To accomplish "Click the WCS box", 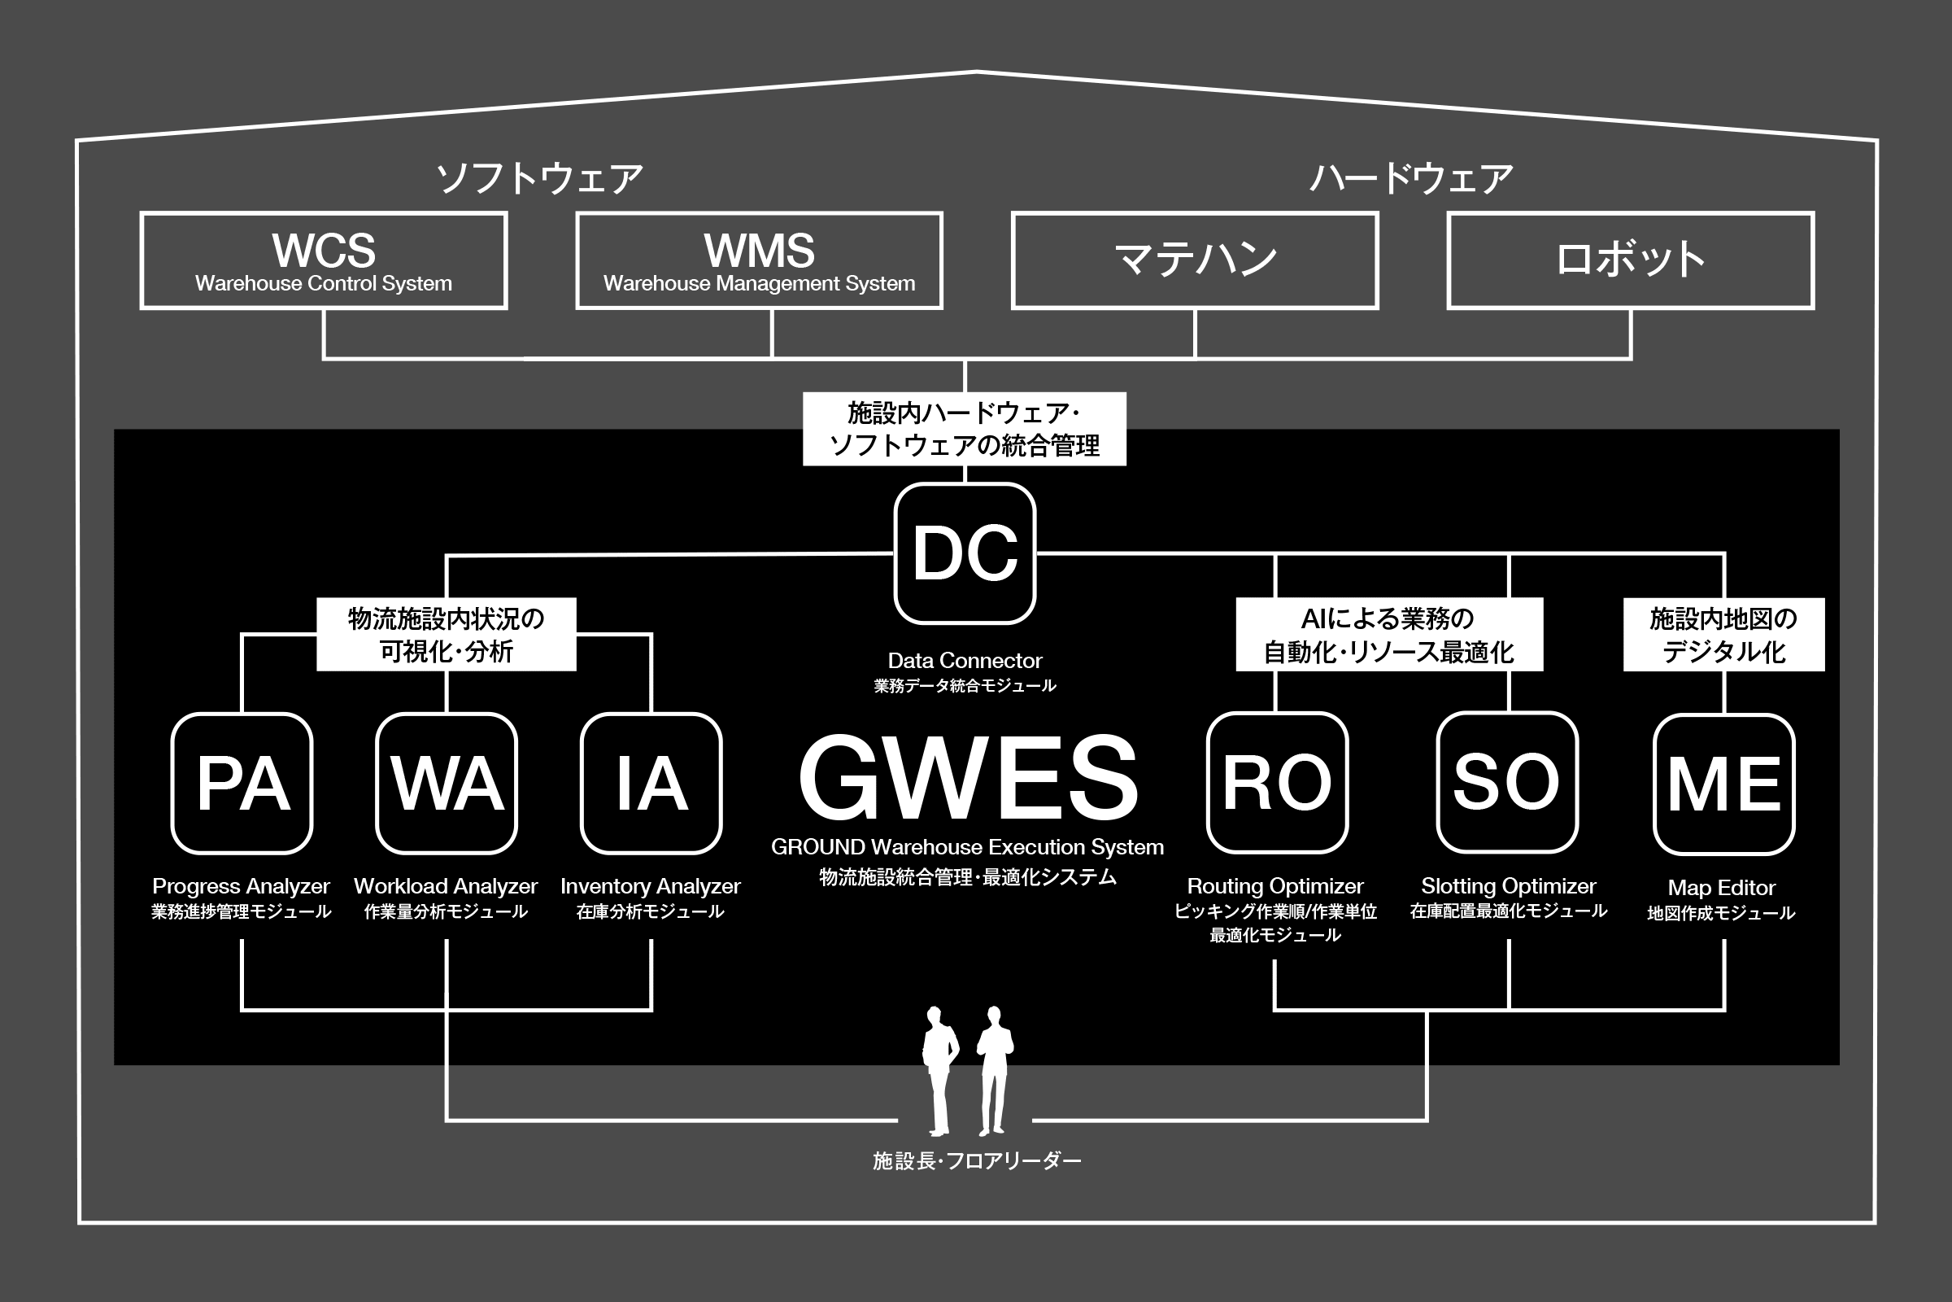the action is (324, 260).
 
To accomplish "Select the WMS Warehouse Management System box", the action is (760, 260).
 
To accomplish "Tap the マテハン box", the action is (1195, 260).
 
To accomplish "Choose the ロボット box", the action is (1631, 260).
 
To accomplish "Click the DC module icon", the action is (965, 553).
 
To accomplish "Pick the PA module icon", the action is (242, 783).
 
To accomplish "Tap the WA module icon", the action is (447, 783).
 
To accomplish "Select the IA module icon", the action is (651, 783).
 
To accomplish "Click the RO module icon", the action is (1277, 782).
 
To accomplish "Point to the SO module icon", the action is (1507, 782).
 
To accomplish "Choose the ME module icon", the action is (1724, 784).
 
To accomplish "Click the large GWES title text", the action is (968, 778).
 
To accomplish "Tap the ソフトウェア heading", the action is (540, 178).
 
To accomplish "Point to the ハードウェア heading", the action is (1412, 178).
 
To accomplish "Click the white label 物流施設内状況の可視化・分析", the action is (447, 635).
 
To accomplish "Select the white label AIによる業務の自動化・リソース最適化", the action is (1389, 635).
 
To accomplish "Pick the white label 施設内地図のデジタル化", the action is (1723, 635).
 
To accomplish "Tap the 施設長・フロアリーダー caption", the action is (977, 1161).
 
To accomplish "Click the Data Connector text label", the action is (965, 661).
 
